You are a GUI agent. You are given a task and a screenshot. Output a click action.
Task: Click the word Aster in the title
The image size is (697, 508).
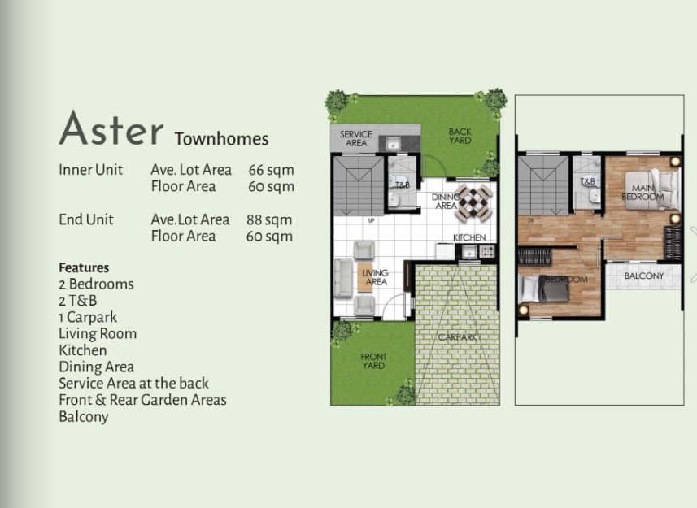point(111,128)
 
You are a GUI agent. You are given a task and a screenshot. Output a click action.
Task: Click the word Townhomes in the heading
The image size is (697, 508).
point(221,139)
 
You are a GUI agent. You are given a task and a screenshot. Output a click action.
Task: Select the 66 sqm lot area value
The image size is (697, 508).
point(271,170)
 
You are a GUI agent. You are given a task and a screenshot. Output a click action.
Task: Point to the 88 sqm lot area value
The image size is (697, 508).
point(269,219)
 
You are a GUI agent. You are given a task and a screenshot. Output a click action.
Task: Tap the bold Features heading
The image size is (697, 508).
point(84,267)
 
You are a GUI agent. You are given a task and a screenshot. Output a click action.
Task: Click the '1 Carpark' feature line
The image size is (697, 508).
point(88,317)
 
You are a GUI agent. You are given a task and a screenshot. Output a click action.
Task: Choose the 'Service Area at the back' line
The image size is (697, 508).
point(134,383)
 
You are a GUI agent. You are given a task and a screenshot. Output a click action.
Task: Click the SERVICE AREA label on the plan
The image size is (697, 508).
point(356,138)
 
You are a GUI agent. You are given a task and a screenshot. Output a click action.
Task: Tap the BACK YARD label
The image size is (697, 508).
point(460,136)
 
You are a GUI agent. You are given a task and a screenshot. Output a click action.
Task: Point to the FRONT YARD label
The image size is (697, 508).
point(373,361)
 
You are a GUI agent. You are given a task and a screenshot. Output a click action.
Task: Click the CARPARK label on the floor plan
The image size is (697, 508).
point(457,337)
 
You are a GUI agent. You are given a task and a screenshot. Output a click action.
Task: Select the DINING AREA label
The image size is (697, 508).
point(445,201)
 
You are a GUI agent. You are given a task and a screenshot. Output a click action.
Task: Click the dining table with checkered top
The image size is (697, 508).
point(473,204)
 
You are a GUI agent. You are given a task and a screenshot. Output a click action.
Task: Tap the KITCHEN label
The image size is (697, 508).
point(469,237)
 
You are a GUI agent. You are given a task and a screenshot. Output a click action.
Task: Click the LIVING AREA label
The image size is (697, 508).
point(376,277)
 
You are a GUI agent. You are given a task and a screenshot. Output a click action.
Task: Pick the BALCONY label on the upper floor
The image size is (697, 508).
point(643,276)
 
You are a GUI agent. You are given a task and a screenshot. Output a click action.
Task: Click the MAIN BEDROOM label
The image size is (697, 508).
point(643,193)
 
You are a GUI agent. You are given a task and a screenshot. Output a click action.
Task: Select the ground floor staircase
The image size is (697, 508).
point(359,185)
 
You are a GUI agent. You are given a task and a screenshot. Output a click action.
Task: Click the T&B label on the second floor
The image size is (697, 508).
point(587,181)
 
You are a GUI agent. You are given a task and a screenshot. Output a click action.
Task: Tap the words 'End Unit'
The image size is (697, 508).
point(86,219)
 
